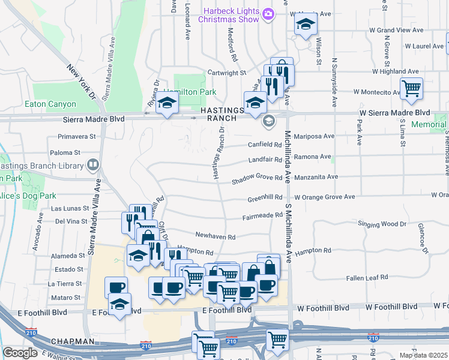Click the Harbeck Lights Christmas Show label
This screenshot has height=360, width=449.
pos(231,15)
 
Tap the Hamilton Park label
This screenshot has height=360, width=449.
pos(190,92)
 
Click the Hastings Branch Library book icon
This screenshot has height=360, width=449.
pos(93,164)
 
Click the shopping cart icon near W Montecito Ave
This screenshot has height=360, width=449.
pos(411,89)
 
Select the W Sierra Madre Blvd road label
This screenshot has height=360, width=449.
pos(395,113)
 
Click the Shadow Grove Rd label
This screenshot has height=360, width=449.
pos(258,178)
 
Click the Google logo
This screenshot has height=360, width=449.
pos(20,353)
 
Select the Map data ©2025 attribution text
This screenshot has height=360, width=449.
pos(423,355)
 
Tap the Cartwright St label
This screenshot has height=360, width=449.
pos(227,73)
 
